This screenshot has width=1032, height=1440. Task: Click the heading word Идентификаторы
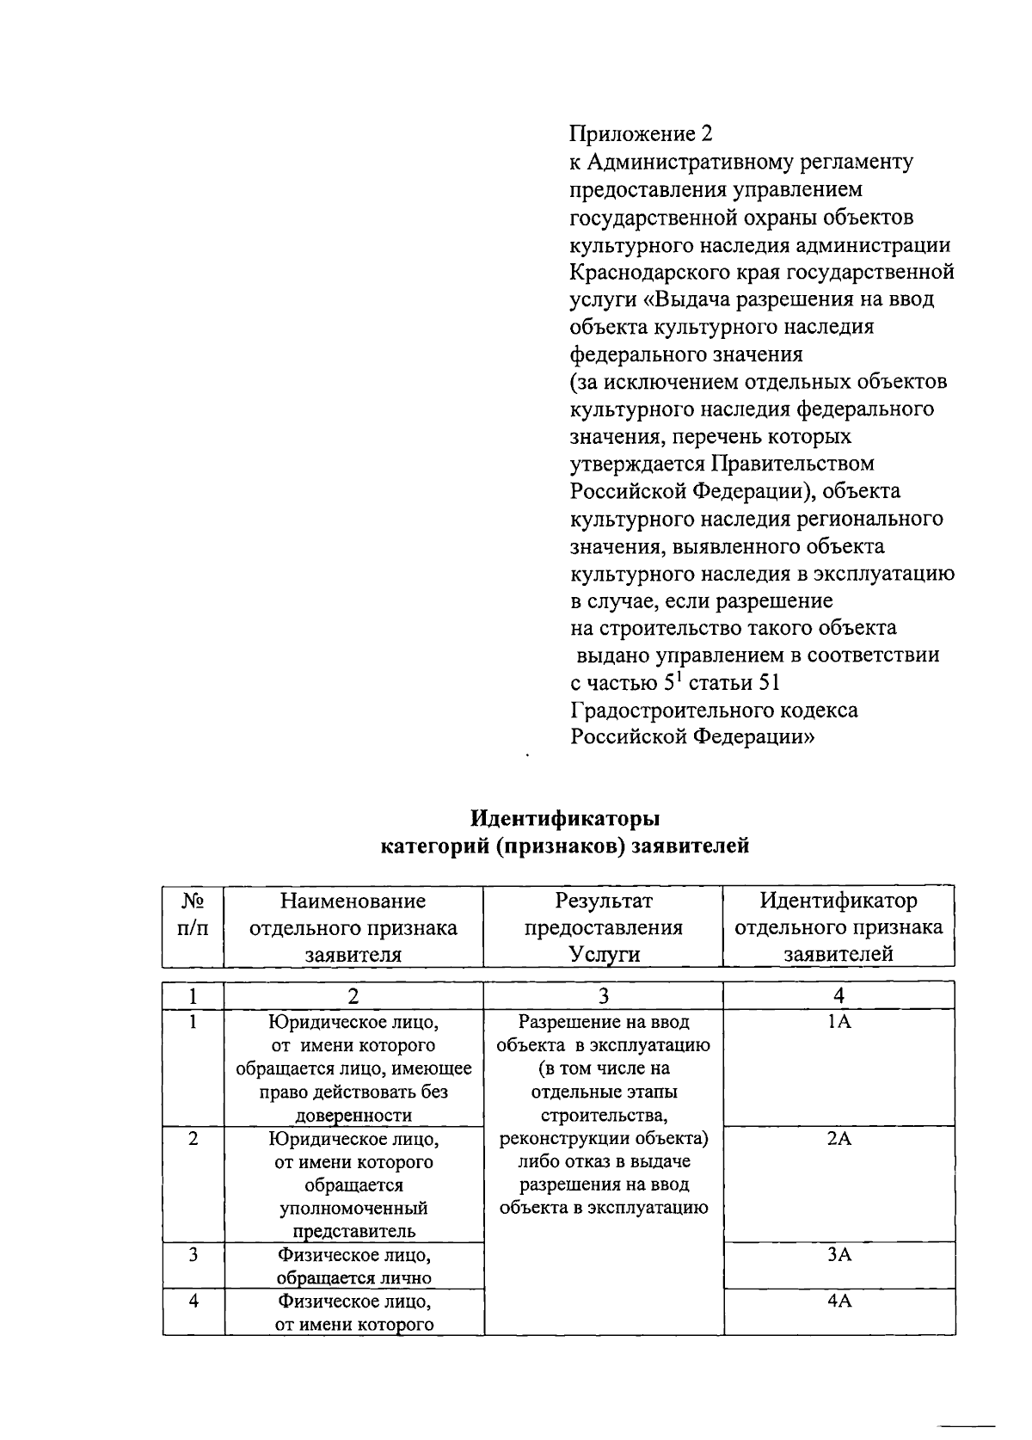click(565, 817)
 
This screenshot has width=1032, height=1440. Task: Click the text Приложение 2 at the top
click(642, 133)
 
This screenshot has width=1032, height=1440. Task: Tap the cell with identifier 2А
click(838, 1138)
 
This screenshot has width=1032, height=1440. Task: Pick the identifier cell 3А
click(838, 1254)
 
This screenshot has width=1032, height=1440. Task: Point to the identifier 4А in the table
click(838, 1301)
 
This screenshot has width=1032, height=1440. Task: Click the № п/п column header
click(193, 914)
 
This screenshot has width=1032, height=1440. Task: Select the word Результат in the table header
click(604, 901)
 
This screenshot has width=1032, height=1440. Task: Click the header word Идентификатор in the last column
click(838, 901)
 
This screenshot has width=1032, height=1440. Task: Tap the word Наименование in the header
click(353, 901)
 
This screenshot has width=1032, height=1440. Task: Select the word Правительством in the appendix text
click(792, 464)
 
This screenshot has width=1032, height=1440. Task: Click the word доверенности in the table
click(353, 1116)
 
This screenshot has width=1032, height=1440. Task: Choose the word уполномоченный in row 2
click(353, 1208)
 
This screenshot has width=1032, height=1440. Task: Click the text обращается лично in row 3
click(353, 1277)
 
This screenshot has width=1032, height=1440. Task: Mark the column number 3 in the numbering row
click(604, 996)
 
